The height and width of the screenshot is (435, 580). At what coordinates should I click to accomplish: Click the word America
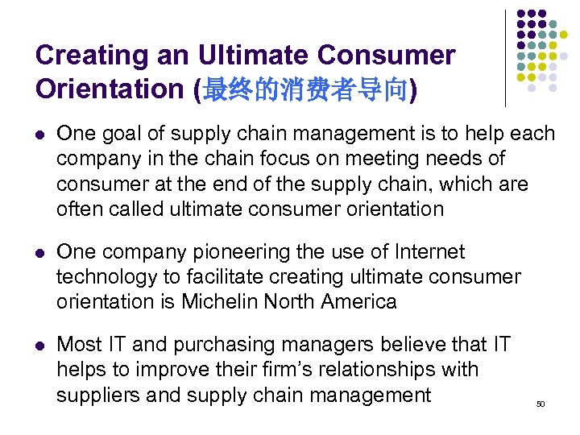tap(358, 302)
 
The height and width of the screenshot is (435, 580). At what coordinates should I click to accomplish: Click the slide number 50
tap(540, 404)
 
